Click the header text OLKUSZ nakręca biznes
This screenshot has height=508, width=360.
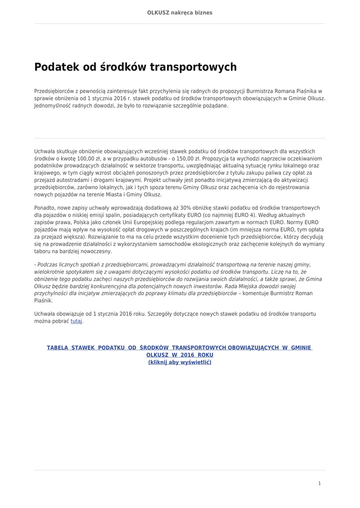pyautogui.click(x=180, y=12)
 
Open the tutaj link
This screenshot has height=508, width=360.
pyautogui.click(x=76, y=321)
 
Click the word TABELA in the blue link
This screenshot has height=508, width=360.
pyautogui.click(x=58, y=348)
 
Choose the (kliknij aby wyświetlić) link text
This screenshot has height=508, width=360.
pyautogui.click(x=180, y=362)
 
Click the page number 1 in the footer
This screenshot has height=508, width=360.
pyautogui.click(x=319, y=483)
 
